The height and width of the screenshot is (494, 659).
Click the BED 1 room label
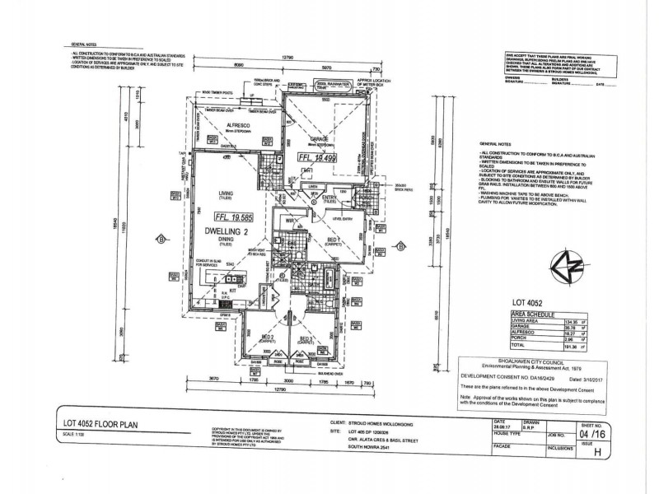(x=331, y=237)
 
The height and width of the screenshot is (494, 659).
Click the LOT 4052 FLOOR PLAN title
(x=98, y=423)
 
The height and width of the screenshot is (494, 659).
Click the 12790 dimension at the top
(x=284, y=57)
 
